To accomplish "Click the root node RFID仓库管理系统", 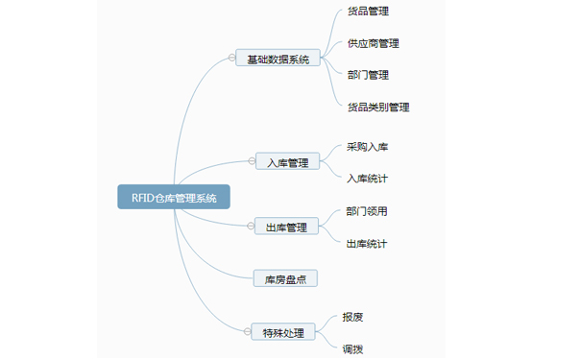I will [x=174, y=198].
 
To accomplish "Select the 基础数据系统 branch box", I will [x=278, y=59].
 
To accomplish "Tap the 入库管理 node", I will [x=288, y=162].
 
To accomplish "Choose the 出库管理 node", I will [x=286, y=228].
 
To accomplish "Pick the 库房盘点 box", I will [x=285, y=279].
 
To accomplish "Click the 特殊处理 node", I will [x=282, y=333].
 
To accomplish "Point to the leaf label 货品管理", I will [x=368, y=12].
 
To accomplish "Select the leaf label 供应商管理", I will [x=374, y=43].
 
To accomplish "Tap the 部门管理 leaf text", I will [x=368, y=75].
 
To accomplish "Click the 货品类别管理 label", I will [x=378, y=107].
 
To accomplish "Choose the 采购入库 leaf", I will [x=368, y=147].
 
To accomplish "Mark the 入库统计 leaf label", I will [x=368, y=179].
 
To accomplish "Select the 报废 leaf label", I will [x=352, y=317].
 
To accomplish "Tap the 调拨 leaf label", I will [x=352, y=349].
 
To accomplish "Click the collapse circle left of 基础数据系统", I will [x=231, y=59].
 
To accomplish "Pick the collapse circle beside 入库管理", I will [x=252, y=162].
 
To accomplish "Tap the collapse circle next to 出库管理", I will [x=250, y=228].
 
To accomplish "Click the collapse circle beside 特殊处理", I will [x=246, y=333].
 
